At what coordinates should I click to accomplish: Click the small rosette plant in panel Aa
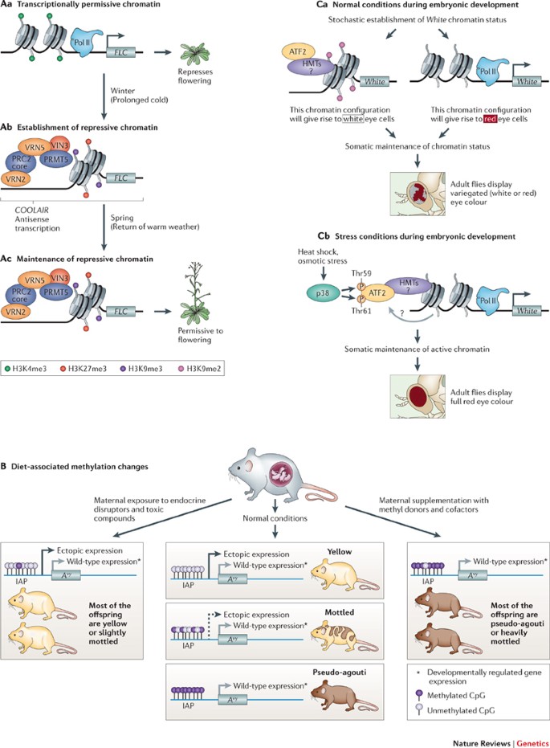tap(192, 49)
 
